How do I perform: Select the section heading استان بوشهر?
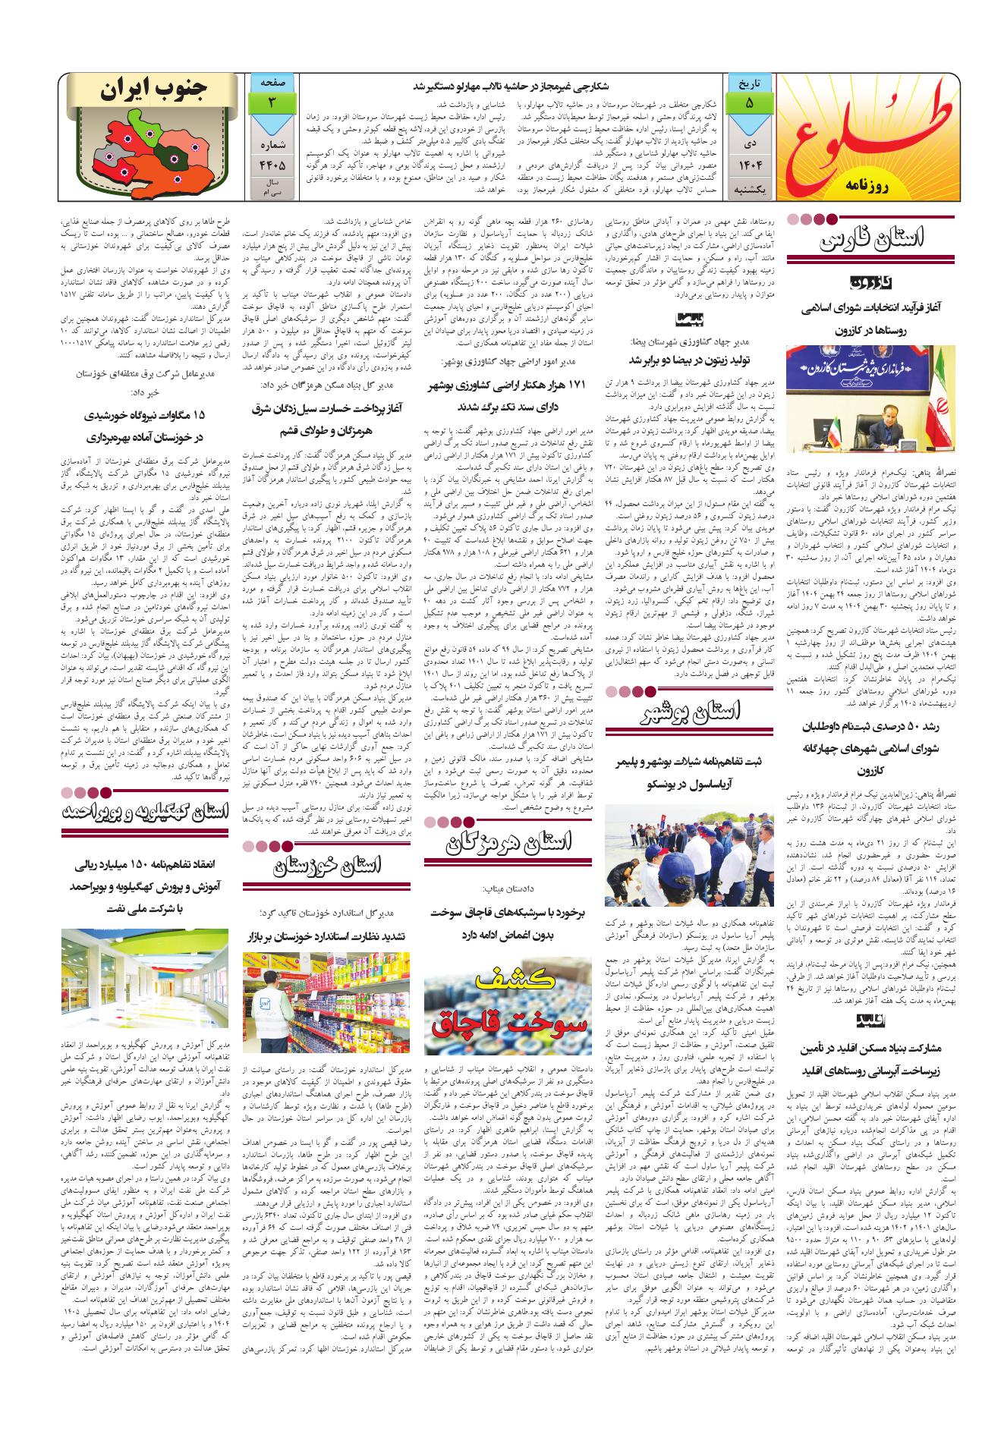[694, 712]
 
